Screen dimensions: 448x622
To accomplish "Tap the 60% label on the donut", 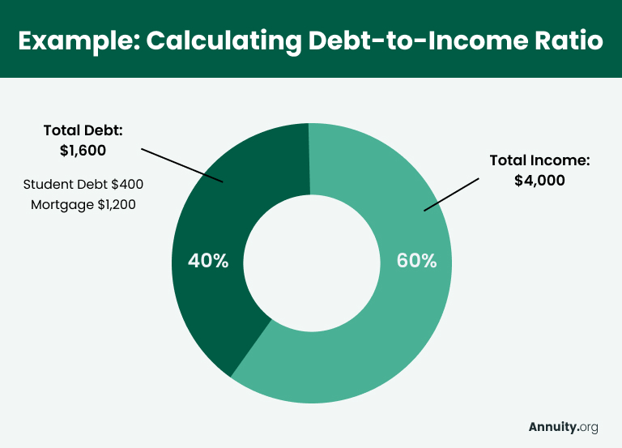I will click(x=416, y=261).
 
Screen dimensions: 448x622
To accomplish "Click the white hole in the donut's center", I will click(x=312, y=262).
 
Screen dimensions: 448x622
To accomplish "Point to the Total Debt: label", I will click(x=83, y=130).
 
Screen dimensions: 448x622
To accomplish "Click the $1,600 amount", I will click(x=83, y=150).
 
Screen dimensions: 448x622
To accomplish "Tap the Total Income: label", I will click(x=539, y=160).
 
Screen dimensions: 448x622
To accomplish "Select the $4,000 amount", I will click(x=539, y=181).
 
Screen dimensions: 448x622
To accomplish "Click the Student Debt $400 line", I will click(x=83, y=184).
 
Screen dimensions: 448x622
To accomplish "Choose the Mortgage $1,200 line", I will click(x=83, y=204).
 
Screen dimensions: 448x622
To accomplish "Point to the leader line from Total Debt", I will click(x=182, y=165).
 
